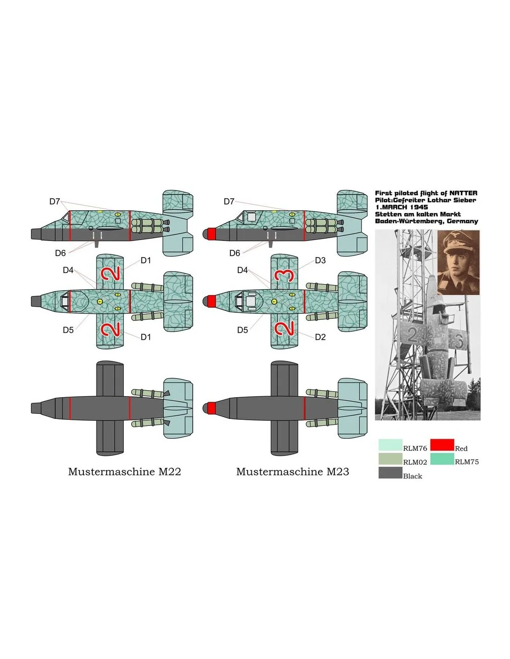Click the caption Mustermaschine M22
124,472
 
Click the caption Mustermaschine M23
293,472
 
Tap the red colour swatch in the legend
442,444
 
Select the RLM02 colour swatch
390,458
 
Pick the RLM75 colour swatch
442,458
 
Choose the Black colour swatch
390,473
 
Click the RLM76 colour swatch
390,444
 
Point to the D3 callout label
320,260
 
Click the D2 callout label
320,337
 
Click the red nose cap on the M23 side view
209,234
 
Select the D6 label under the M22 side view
60,253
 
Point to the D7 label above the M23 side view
229,202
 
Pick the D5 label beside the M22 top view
68,330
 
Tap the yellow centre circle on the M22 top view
101,301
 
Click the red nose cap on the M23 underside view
209,408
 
